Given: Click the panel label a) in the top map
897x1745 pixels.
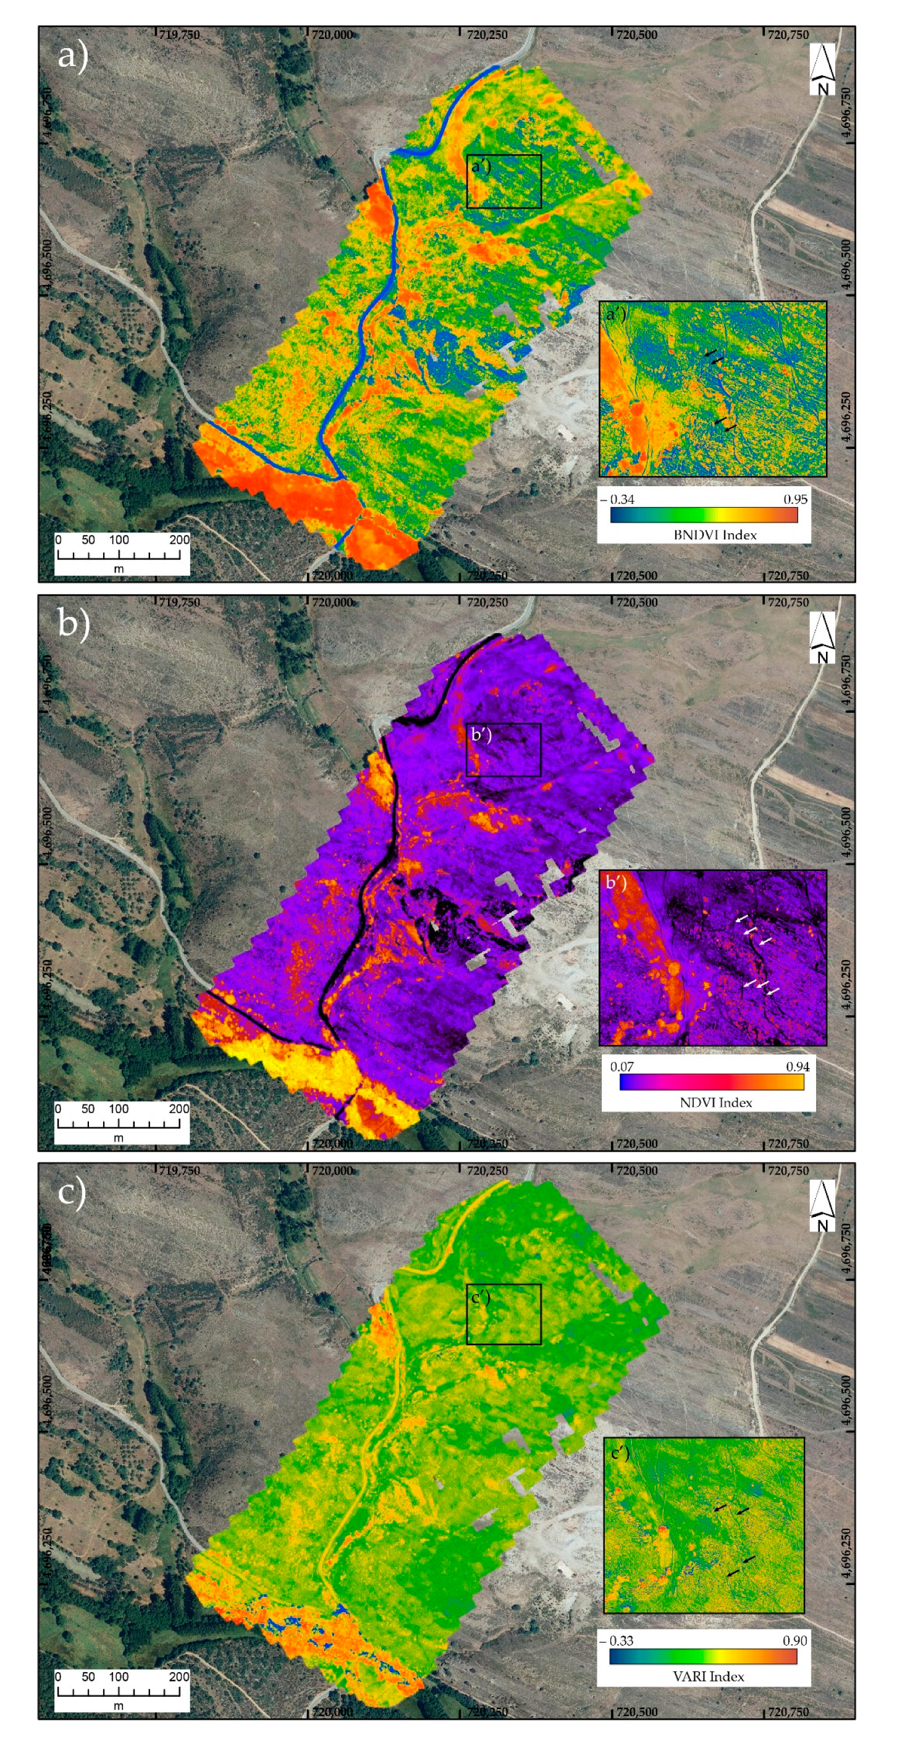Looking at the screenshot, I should coord(72,56).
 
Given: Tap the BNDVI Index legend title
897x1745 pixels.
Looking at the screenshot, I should coord(715,534).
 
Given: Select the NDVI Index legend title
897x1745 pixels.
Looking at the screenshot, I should coord(715,1102).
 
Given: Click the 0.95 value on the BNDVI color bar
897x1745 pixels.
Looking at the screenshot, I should coord(795,499).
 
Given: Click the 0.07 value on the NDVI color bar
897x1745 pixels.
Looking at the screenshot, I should coord(622,1066).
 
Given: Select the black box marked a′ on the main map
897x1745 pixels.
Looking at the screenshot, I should coord(504,182).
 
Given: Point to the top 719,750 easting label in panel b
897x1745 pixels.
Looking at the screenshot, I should coord(180,602).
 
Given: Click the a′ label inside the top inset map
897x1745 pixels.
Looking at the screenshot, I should coord(615,314).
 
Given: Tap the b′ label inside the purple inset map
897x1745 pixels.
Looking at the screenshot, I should coord(615,882).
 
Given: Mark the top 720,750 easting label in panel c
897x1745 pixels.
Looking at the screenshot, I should coord(787,1171).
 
